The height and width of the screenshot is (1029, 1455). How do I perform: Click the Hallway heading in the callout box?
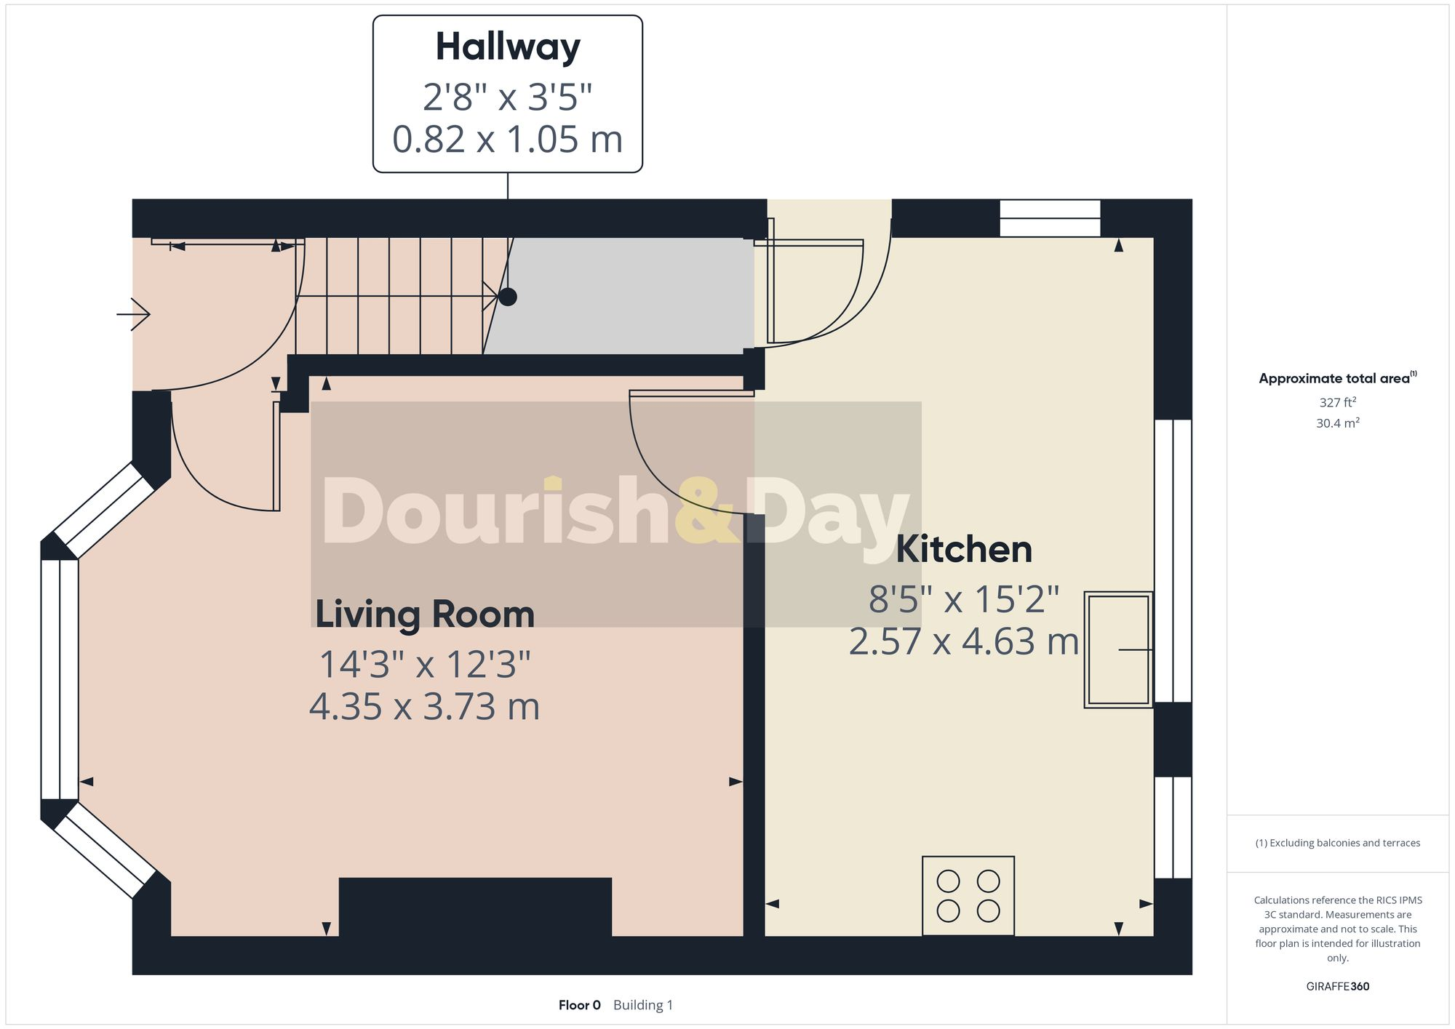[x=508, y=47]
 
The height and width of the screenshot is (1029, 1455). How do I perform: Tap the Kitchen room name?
[x=964, y=549]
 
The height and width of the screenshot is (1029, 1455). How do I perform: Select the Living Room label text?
[x=425, y=614]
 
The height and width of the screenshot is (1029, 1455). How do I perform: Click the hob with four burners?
[x=968, y=895]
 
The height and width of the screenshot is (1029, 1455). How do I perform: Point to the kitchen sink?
[x=1118, y=649]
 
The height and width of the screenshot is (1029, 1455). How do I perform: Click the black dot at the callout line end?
[x=508, y=297]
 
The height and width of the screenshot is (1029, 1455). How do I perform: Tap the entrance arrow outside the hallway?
[x=134, y=314]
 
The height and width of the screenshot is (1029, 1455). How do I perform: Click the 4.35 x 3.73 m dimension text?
[x=425, y=707]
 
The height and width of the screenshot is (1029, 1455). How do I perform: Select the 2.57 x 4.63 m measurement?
[x=964, y=642]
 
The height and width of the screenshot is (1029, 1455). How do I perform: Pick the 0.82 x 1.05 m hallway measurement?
[x=508, y=140]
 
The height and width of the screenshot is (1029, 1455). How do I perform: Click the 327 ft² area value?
[x=1337, y=402]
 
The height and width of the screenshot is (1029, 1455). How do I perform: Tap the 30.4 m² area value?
[x=1337, y=423]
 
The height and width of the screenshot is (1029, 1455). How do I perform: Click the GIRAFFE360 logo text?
[x=1337, y=986]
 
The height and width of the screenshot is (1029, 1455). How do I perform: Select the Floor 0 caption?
[x=579, y=1005]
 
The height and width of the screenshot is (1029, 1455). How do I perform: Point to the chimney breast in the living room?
[x=475, y=907]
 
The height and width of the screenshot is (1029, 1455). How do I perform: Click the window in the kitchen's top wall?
[x=1050, y=218]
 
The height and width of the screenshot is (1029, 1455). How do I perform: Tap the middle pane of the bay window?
[x=60, y=678]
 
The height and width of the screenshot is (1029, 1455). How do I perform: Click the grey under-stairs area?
[x=626, y=296]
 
